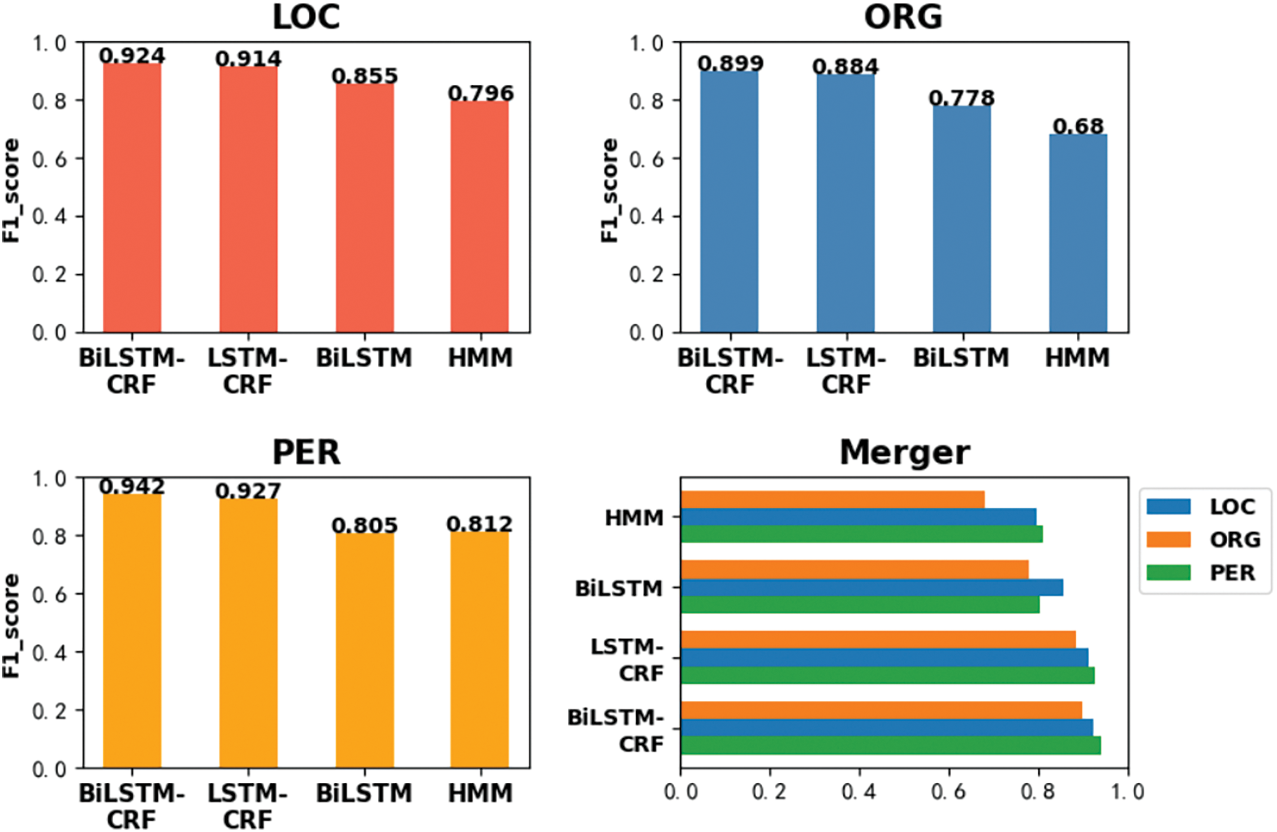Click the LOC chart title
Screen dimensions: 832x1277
click(306, 18)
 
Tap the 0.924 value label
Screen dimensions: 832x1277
click(132, 55)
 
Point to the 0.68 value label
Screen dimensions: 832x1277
click(1078, 126)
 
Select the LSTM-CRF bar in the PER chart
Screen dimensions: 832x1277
click(248, 633)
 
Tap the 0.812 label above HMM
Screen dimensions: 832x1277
click(480, 524)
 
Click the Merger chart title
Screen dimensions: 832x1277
click(904, 452)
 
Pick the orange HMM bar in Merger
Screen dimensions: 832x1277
click(832, 499)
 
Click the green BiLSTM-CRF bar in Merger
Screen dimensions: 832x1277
click(891, 745)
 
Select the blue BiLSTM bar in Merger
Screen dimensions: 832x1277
click(872, 588)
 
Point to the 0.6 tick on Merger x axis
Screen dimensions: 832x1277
click(948, 792)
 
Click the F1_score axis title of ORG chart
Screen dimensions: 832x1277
click(610, 191)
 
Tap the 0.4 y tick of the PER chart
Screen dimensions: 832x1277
click(49, 653)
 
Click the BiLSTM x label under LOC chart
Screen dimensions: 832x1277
click(364, 358)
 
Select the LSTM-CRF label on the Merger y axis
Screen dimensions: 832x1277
click(627, 659)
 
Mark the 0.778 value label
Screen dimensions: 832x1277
click(961, 98)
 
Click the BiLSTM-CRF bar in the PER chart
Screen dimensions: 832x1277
click(132, 631)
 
